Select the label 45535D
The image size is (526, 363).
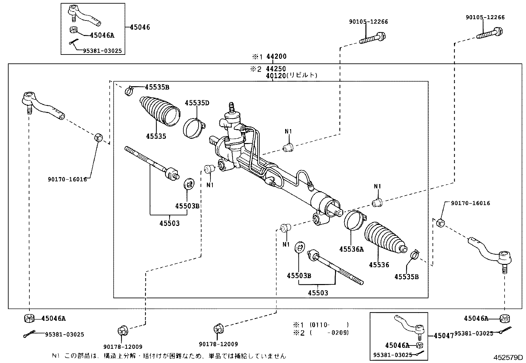click(197, 103)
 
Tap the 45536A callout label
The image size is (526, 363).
click(351, 249)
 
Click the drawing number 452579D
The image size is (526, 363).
click(508, 357)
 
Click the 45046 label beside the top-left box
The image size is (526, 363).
click(140, 27)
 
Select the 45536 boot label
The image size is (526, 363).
click(379, 265)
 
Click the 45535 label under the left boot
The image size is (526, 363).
click(156, 136)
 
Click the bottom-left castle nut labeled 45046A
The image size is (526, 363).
click(29, 319)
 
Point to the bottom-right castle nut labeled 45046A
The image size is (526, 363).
click(505, 318)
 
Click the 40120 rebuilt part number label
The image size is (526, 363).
click(277, 76)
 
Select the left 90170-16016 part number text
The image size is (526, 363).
click(67, 179)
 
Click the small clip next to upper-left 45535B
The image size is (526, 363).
click(129, 90)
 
